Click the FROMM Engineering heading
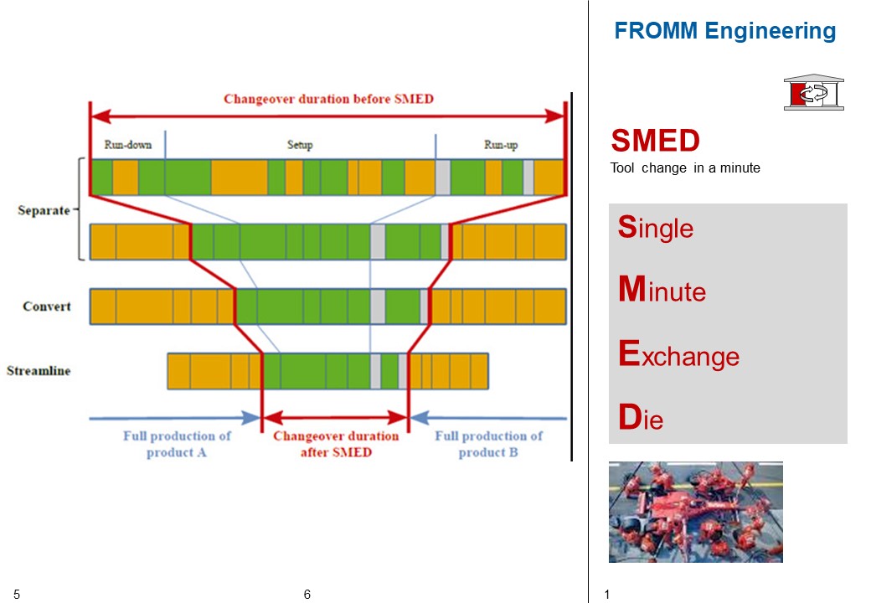pos(724,32)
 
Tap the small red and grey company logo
pos(813,92)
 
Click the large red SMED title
pos(656,141)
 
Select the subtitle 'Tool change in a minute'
pos(685,168)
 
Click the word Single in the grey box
pos(656,227)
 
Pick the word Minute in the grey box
pos(662,291)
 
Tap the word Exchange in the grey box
pos(678,355)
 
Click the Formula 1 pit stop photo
pos(695,512)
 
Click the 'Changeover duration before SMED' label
pos(328,99)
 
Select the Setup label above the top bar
pos(300,145)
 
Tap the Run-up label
pos(501,145)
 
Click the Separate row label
pos(44,210)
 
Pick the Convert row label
pos(47,307)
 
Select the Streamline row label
pos(39,370)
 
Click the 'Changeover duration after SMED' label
pos(336,444)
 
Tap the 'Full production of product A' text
pos(177,444)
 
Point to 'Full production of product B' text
pos(488,444)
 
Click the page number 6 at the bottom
pos(307,595)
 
